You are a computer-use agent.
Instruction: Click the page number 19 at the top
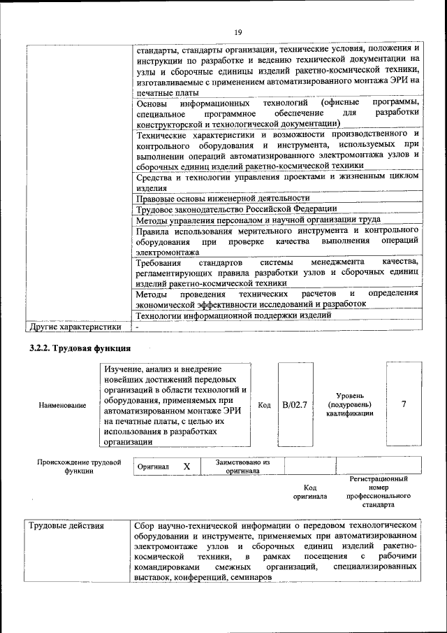coord(237,32)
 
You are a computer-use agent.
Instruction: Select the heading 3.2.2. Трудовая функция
coord(79,348)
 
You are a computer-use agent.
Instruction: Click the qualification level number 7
coord(404,404)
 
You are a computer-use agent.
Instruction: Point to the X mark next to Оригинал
coord(186,466)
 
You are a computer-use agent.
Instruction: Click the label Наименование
coord(64,405)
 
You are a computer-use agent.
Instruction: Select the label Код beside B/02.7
coord(264,405)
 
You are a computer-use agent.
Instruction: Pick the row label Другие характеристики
coord(73,327)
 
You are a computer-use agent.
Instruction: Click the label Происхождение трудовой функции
coord(79,467)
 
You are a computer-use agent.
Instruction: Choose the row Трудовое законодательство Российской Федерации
coord(236,209)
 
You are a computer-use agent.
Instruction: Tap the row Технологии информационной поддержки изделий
coord(233,315)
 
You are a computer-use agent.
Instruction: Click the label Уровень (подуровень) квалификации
coord(349,404)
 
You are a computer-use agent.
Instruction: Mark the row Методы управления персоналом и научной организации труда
coord(258,220)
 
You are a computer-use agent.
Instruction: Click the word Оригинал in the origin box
coord(153,467)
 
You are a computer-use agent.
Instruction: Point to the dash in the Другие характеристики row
coord(138,327)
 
